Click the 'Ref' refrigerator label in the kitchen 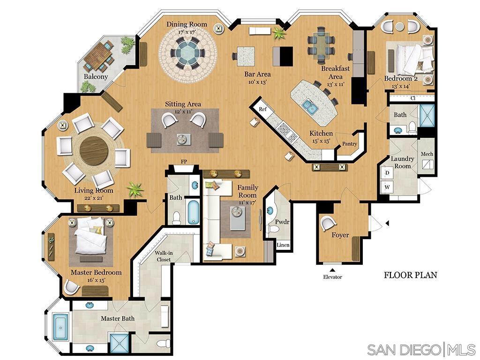pos(262,109)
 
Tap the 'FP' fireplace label pos(184,162)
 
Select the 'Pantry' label pos(350,144)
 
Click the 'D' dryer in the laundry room pos(388,173)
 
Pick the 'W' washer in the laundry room pos(388,187)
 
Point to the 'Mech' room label pos(427,154)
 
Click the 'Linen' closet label pos(283,245)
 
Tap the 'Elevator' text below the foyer pos(332,277)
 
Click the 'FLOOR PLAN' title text pos(410,275)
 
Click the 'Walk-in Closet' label pos(164,256)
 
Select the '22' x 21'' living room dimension pos(94,198)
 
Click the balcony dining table pos(99,57)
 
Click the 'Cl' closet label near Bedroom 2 pos(412,98)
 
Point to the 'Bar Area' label pos(257,74)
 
